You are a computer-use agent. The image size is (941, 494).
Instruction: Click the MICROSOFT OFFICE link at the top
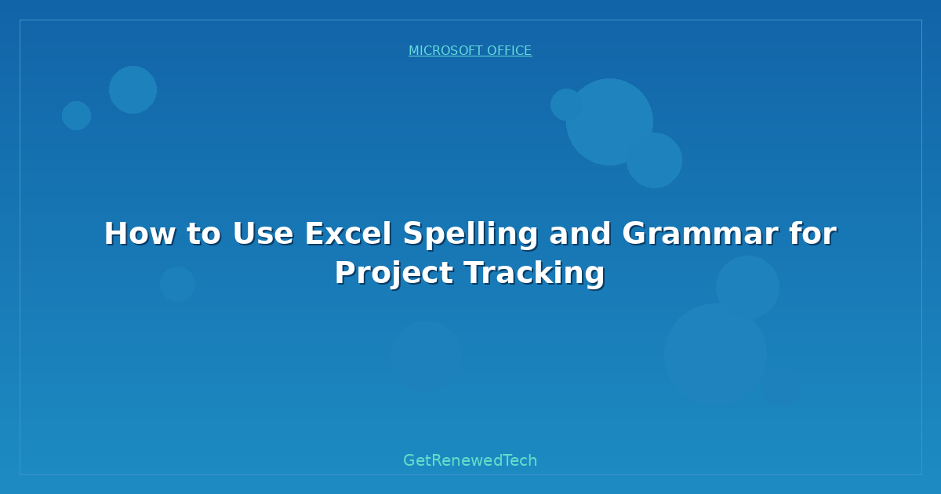pyautogui.click(x=470, y=51)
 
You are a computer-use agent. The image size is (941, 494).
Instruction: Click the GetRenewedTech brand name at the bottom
pyautogui.click(x=470, y=461)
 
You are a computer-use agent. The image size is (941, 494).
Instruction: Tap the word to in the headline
pyautogui.click(x=202, y=234)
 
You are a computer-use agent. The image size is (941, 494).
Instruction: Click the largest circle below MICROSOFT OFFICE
pyautogui.click(x=609, y=122)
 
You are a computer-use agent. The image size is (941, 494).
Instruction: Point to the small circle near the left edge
pyautogui.click(x=76, y=115)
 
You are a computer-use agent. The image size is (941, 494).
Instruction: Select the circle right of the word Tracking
pyautogui.click(x=747, y=287)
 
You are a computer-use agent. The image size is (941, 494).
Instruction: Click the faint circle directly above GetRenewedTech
pyautogui.click(x=426, y=357)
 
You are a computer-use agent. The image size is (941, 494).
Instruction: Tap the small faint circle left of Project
pyautogui.click(x=177, y=284)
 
